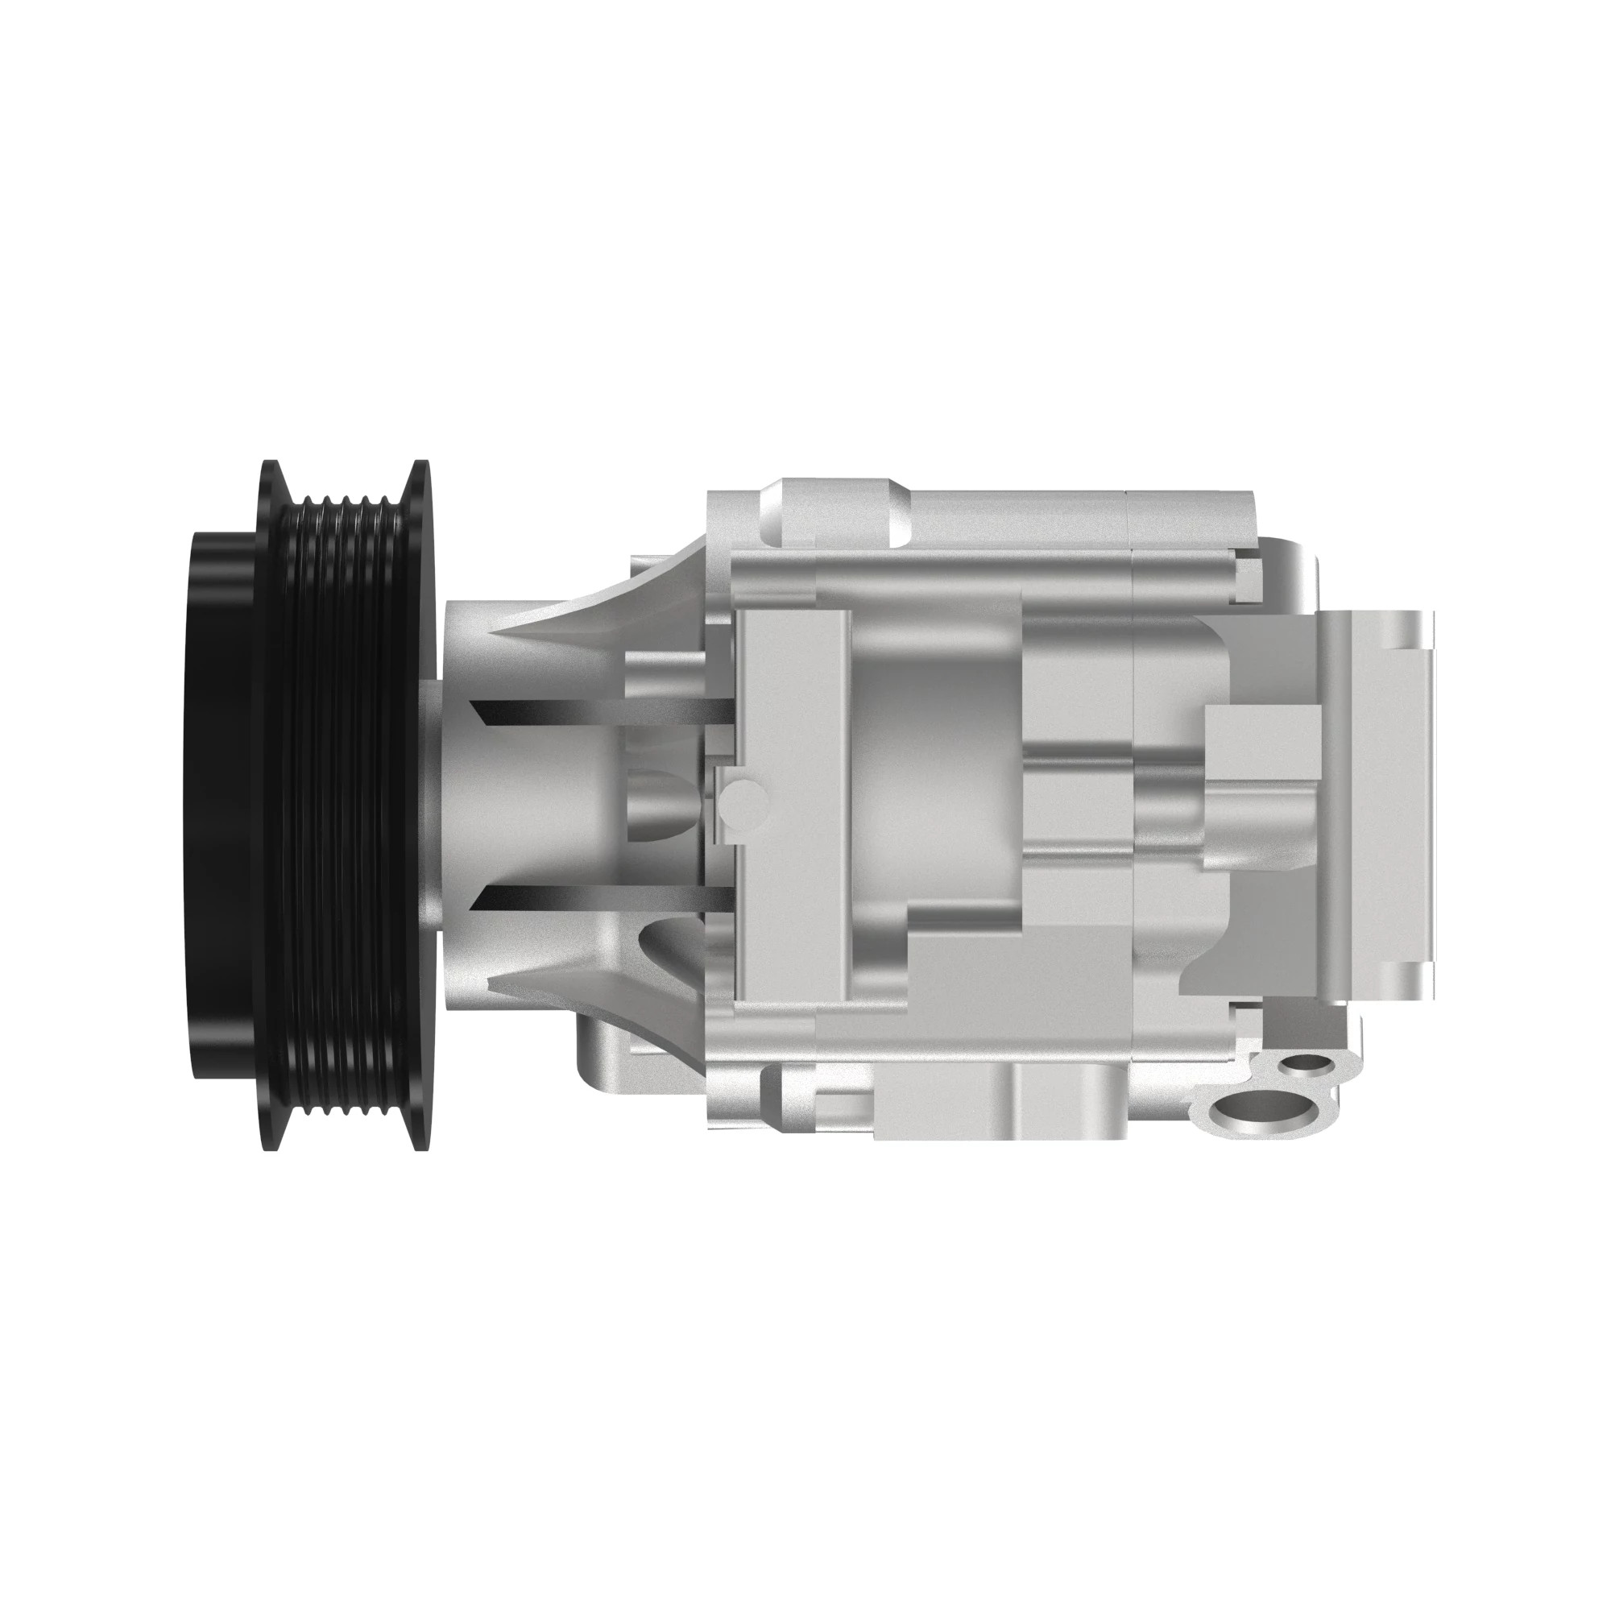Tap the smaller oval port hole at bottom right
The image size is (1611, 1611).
tap(1307, 1064)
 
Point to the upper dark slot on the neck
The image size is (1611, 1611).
tap(600, 711)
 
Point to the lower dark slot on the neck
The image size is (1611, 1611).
tap(600, 898)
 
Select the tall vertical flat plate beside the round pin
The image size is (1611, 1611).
tap(792, 805)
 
